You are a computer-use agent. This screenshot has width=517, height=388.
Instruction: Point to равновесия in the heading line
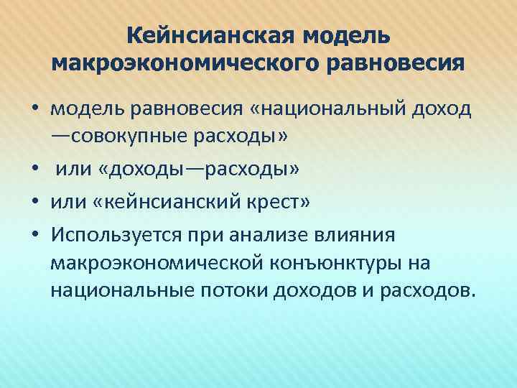click(x=402, y=63)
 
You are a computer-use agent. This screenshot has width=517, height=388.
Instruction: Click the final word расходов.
click(x=427, y=290)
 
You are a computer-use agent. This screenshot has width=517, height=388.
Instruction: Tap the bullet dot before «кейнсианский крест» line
click(x=34, y=203)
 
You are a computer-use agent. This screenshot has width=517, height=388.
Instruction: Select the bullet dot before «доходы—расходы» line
click(x=34, y=170)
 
